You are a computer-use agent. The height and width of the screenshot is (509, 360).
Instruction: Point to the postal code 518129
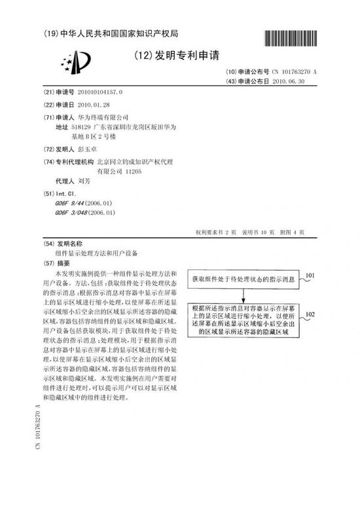[82, 126]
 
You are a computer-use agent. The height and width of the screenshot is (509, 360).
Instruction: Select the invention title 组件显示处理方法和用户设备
[99, 252]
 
